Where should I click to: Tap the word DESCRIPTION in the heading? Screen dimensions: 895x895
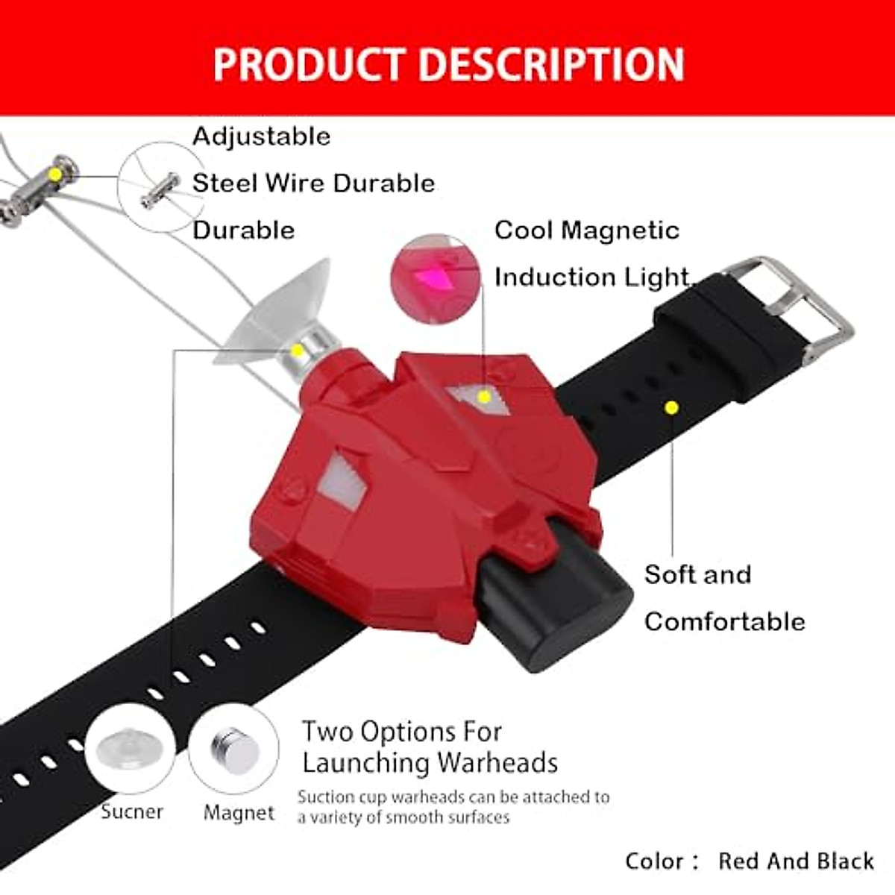(x=551, y=64)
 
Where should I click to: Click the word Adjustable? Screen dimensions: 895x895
(x=261, y=136)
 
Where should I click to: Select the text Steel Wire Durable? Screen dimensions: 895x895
(x=313, y=183)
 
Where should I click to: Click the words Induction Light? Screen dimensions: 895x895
(x=591, y=277)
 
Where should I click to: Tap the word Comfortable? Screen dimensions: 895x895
(x=724, y=622)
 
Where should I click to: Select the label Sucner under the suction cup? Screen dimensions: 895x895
(x=131, y=811)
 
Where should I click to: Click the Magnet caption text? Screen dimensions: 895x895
(x=239, y=812)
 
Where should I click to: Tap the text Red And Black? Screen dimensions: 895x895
(x=796, y=861)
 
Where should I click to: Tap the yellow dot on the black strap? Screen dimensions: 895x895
(x=671, y=407)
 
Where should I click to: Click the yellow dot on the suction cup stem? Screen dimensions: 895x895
(x=298, y=350)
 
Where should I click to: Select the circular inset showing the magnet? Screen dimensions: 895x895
(x=233, y=749)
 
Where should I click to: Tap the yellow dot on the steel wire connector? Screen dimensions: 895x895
(x=54, y=174)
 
